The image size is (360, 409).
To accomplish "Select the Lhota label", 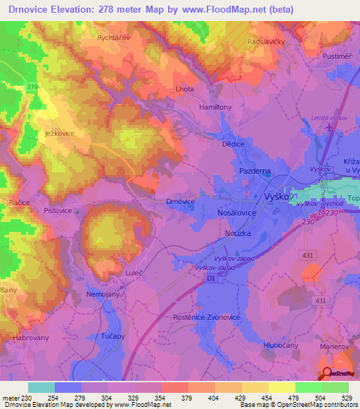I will click(184, 89).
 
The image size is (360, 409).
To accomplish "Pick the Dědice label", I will click(233, 143).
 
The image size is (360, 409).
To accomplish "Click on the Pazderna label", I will click(255, 171).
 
